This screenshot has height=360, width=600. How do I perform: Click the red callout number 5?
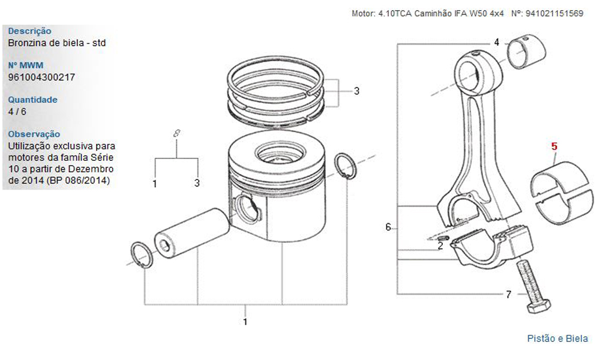(x=554, y=146)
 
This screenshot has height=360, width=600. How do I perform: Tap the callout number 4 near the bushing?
(x=496, y=42)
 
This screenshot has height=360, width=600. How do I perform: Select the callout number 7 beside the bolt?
(x=508, y=294)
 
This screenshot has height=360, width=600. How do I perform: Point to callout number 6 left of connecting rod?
(x=388, y=227)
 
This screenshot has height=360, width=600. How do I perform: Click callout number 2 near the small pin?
(x=440, y=246)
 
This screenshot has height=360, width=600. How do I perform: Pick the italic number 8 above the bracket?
(x=176, y=134)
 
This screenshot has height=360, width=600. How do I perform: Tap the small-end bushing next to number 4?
(x=526, y=51)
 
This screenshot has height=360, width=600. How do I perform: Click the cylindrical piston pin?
(x=191, y=233)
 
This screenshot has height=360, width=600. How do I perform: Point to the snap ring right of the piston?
(x=346, y=166)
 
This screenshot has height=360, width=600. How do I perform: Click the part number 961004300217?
(x=41, y=77)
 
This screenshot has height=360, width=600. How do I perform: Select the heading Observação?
(x=34, y=134)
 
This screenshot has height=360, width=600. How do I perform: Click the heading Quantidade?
(x=32, y=100)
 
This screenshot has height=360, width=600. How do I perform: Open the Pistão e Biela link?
(x=557, y=338)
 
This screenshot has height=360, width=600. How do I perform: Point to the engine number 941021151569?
(x=554, y=14)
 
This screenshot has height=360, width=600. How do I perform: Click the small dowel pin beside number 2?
(x=443, y=238)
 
